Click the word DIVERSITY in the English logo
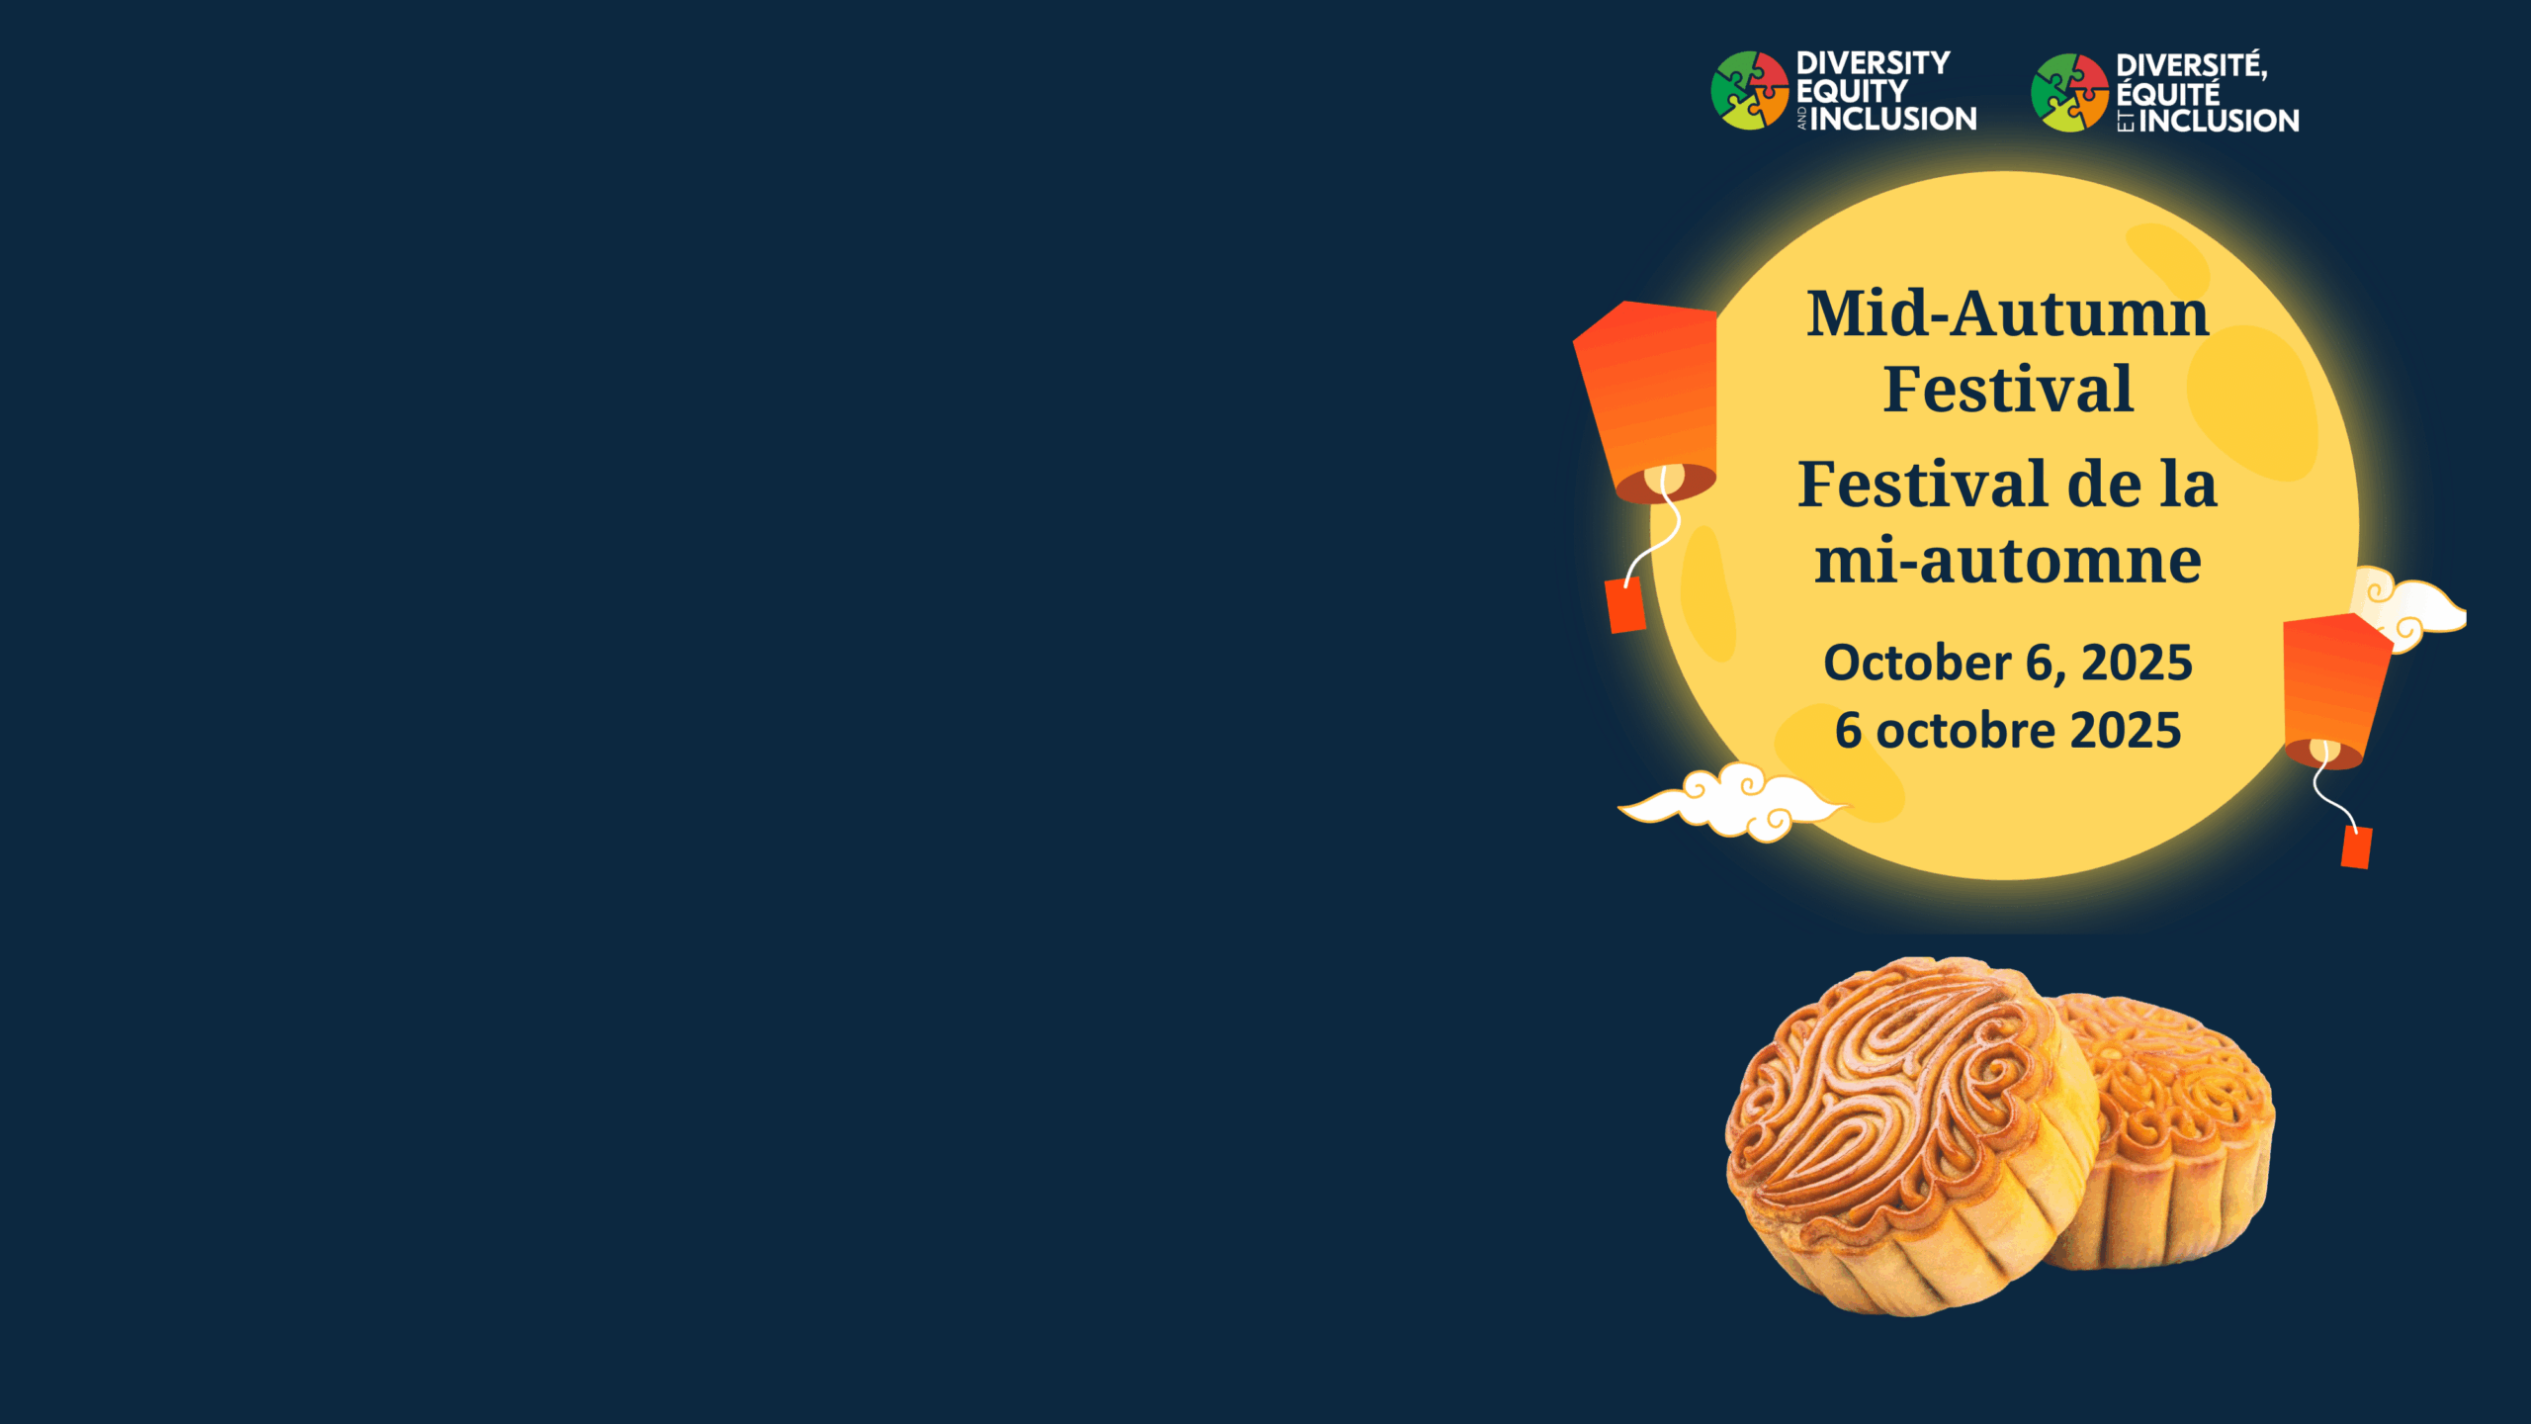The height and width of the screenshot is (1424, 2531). [x=1873, y=63]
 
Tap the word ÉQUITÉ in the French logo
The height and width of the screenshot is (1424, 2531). [x=2168, y=94]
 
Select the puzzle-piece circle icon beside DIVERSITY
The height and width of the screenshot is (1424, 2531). [x=1750, y=90]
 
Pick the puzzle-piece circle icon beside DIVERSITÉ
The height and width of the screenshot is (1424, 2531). [x=2070, y=93]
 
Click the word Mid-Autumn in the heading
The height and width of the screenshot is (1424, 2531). [x=2007, y=313]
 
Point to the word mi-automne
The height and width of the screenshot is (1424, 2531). [x=2008, y=561]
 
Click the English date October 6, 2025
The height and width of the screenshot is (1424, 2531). [x=2008, y=663]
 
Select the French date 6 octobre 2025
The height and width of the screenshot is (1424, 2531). [x=2008, y=731]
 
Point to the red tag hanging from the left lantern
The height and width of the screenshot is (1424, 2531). [x=1625, y=605]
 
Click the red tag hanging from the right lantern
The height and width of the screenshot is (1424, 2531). [x=2357, y=847]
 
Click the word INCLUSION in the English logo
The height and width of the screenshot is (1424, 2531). [x=1893, y=119]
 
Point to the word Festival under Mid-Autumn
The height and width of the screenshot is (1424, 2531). [x=2008, y=389]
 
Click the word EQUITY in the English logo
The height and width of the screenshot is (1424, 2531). [x=1852, y=91]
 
